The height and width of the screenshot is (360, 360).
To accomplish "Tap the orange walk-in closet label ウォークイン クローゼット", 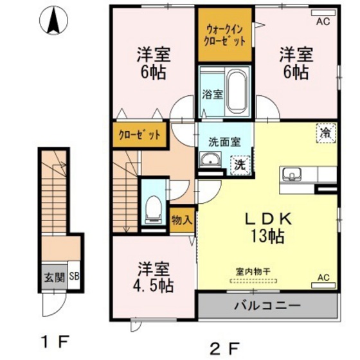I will coord(225,35).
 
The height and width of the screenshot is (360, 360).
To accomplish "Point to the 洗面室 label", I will coord(224,141).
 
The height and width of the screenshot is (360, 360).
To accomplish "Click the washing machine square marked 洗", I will coord(239,164).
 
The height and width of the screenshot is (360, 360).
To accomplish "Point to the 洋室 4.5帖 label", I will coord(152,274).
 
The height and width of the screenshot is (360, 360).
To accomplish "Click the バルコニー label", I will coord(267,305).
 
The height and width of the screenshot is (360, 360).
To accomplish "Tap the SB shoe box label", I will coord(74,278).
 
